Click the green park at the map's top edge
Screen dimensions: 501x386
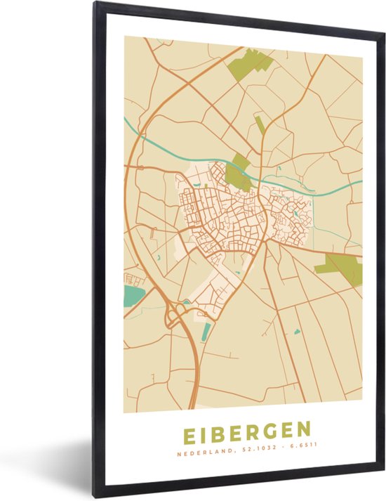point(248,64)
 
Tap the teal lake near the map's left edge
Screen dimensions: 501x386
point(133,296)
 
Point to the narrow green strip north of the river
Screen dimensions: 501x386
point(260,126)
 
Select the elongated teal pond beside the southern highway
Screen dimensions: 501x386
point(206,331)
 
